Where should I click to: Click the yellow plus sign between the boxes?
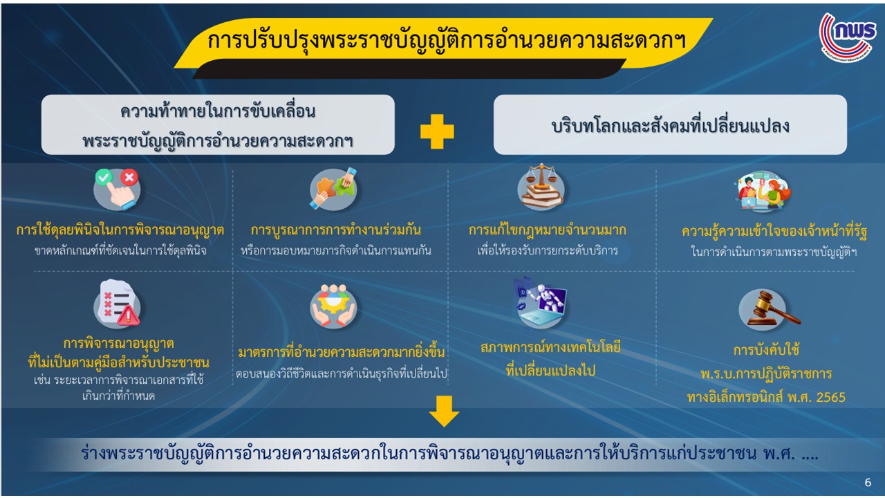[x=437, y=131]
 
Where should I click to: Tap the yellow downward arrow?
[x=444, y=412]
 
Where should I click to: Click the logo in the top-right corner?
[x=848, y=37]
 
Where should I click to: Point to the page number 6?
[x=868, y=482]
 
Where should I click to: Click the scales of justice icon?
[x=541, y=187]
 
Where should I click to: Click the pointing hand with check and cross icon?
[x=117, y=189]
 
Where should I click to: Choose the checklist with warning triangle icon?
[x=117, y=304]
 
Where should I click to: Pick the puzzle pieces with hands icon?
[x=333, y=189]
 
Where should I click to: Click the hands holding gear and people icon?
[x=333, y=306]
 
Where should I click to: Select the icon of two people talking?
[x=763, y=191]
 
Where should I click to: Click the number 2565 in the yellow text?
[x=830, y=397]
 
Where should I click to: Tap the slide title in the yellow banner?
[x=447, y=41]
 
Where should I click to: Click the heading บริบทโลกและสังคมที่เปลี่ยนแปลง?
[x=670, y=126]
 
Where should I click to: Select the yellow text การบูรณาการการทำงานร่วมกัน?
[x=336, y=230]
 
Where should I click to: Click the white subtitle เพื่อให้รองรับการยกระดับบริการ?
[x=547, y=250]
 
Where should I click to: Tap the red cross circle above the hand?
[x=129, y=177]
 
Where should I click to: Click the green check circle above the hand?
[x=104, y=176]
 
